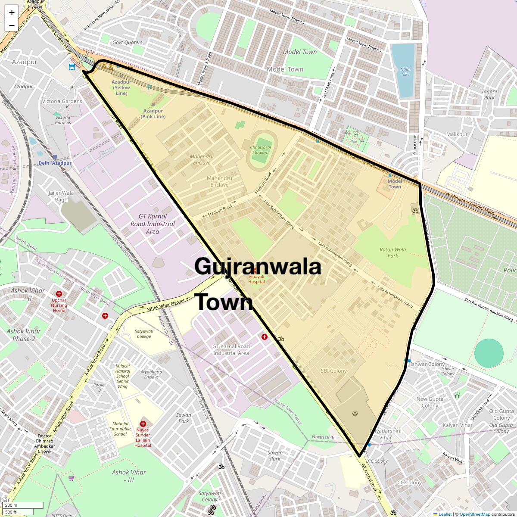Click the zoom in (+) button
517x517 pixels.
tap(12, 12)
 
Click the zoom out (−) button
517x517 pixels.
tap(12, 25)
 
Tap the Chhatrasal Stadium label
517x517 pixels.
tap(261, 149)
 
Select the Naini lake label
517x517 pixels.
tap(405, 72)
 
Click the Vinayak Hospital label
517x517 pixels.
tap(256, 279)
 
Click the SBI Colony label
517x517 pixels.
tap(333, 371)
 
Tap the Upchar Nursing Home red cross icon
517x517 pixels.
tap(59, 293)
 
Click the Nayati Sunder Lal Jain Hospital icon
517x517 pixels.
tap(143, 424)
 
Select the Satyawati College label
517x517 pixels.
tap(144, 334)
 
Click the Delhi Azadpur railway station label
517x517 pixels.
tap(55, 163)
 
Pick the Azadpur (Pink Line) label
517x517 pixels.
tap(154, 113)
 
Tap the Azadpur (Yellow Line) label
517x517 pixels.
tap(121, 87)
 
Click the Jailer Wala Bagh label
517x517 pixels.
tap(61, 196)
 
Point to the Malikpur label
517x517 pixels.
tap(457, 134)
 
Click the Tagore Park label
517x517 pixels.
tap(489, 94)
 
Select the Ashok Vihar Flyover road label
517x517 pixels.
tap(165, 305)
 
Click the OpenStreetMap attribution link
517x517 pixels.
tap(474, 514)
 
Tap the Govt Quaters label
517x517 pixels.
tap(127, 42)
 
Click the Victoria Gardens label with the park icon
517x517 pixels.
tap(62, 119)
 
